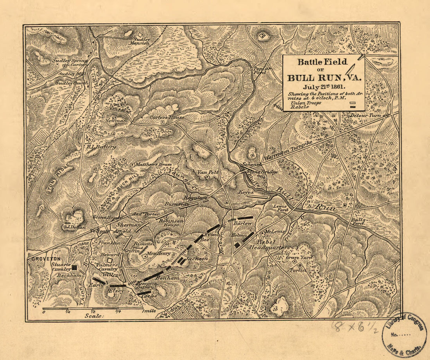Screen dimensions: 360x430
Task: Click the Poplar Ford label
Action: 263,69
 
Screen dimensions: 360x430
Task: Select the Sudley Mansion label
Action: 142,41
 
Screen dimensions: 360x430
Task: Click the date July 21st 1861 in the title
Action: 323,87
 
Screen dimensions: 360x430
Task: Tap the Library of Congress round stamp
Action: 404,335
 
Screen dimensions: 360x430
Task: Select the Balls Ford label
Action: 358,222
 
